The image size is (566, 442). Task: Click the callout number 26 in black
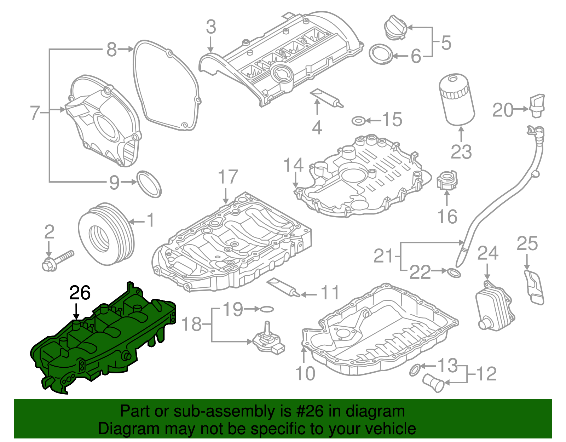[x=80, y=293]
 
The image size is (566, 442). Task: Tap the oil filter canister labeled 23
[x=457, y=100]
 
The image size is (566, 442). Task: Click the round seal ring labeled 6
[x=381, y=54]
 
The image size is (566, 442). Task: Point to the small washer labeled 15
[x=358, y=121]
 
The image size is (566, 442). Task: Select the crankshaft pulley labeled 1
[x=105, y=234]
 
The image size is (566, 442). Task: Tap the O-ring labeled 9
[x=149, y=184]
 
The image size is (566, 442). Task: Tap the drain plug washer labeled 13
[x=415, y=369]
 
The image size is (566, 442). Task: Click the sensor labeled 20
[x=537, y=105]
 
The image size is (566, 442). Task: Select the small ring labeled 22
[x=454, y=273]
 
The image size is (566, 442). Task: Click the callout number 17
[x=228, y=177]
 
